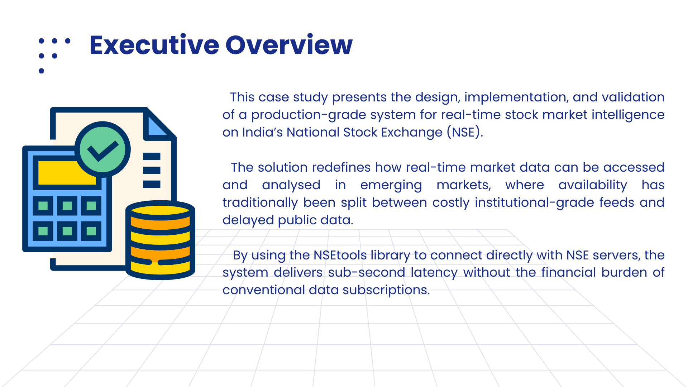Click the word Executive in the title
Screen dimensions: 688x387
(154, 45)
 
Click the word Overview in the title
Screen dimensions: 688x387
(289, 45)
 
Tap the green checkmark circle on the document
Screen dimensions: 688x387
(103, 149)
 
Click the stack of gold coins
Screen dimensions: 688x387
(160, 240)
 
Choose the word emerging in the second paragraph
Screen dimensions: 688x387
(391, 185)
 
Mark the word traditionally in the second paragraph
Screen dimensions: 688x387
(260, 203)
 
